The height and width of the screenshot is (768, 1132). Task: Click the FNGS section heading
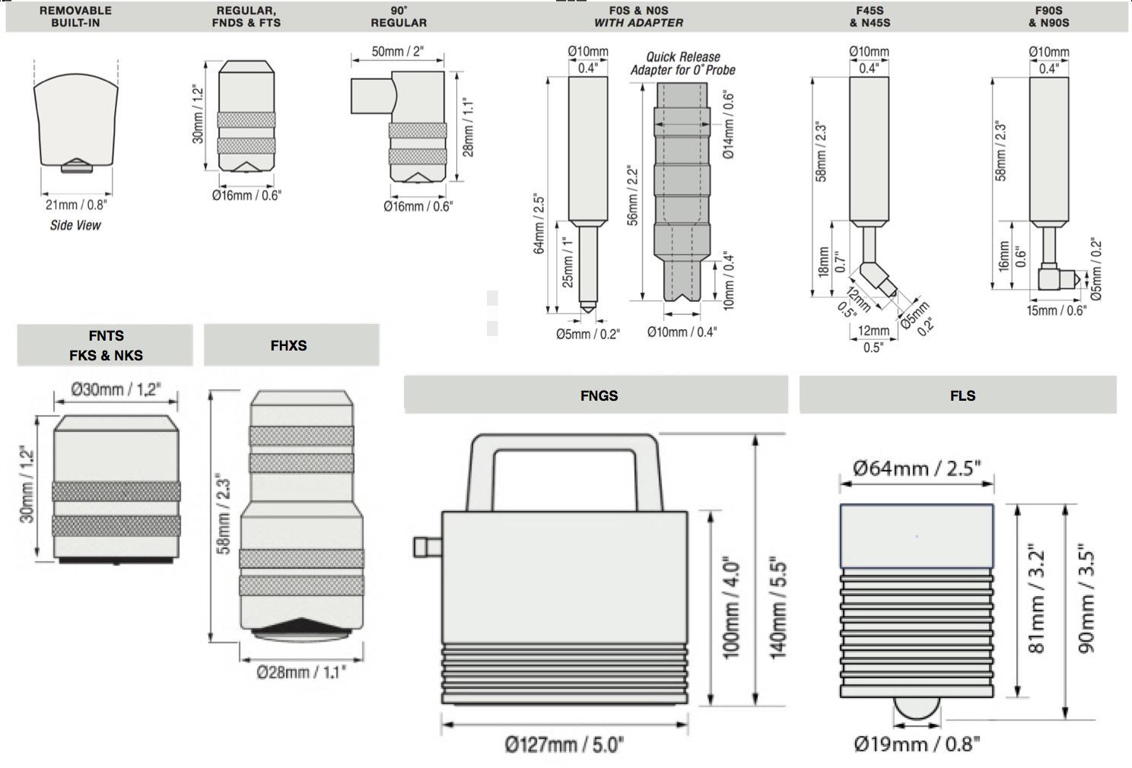pyautogui.click(x=599, y=395)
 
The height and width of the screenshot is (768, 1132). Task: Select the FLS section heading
pyautogui.click(x=962, y=395)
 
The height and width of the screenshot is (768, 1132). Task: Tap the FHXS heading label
pyautogui.click(x=288, y=345)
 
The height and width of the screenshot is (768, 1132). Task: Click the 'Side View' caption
pyautogui.click(x=75, y=225)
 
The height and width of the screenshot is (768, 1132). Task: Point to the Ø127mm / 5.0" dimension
pyautogui.click(x=564, y=744)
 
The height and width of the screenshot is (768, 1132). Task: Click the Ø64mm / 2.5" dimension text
pyautogui.click(x=917, y=468)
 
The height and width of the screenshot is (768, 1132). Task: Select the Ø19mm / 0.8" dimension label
pyautogui.click(x=917, y=744)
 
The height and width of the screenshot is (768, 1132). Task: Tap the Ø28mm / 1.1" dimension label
pyautogui.click(x=301, y=672)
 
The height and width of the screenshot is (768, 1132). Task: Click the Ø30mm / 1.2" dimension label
pyautogui.click(x=116, y=389)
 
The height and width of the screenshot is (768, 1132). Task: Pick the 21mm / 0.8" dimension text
pyautogui.click(x=76, y=205)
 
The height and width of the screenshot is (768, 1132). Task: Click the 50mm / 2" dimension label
pyautogui.click(x=397, y=52)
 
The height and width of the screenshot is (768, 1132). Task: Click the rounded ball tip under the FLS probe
pyautogui.click(x=916, y=708)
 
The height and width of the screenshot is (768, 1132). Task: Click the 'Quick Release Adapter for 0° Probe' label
pyautogui.click(x=682, y=63)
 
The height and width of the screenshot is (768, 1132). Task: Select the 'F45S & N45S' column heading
pyautogui.click(x=870, y=17)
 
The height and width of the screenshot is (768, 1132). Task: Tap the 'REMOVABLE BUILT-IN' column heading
pyautogui.click(x=75, y=17)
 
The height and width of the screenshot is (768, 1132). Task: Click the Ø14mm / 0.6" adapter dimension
pyautogui.click(x=728, y=125)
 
